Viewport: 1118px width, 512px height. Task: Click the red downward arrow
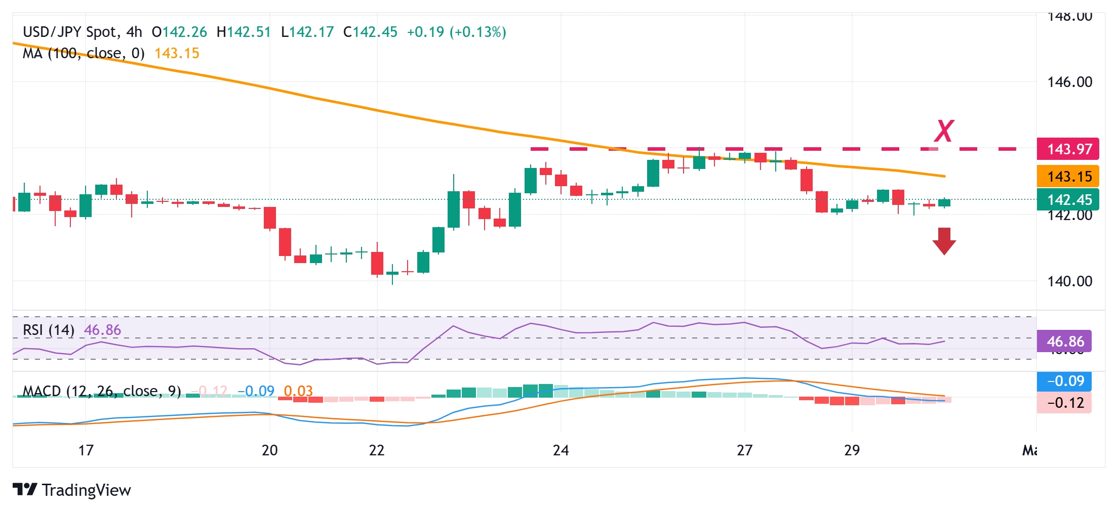[x=944, y=241]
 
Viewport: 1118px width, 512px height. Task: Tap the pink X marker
[x=944, y=131]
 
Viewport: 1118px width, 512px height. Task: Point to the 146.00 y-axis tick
[x=1069, y=82]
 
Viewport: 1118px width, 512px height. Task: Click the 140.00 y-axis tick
[x=1069, y=281]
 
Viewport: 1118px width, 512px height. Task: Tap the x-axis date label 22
[x=377, y=450]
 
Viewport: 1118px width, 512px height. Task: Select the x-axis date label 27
[x=744, y=450]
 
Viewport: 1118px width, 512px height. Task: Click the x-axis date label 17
[x=86, y=450]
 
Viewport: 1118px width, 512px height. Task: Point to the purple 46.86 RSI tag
[x=1064, y=342]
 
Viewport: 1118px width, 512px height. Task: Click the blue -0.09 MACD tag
[x=1064, y=381]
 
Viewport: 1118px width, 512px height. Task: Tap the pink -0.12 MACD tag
[x=1064, y=403]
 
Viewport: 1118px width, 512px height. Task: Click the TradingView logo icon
[x=25, y=490]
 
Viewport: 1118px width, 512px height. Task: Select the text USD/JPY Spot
[x=70, y=32]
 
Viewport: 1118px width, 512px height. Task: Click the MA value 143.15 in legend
[x=177, y=54]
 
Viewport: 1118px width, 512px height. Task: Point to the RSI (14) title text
[x=49, y=330]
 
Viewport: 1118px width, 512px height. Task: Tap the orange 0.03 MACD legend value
[x=298, y=391]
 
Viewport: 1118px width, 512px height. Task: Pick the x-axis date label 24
[x=561, y=450]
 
